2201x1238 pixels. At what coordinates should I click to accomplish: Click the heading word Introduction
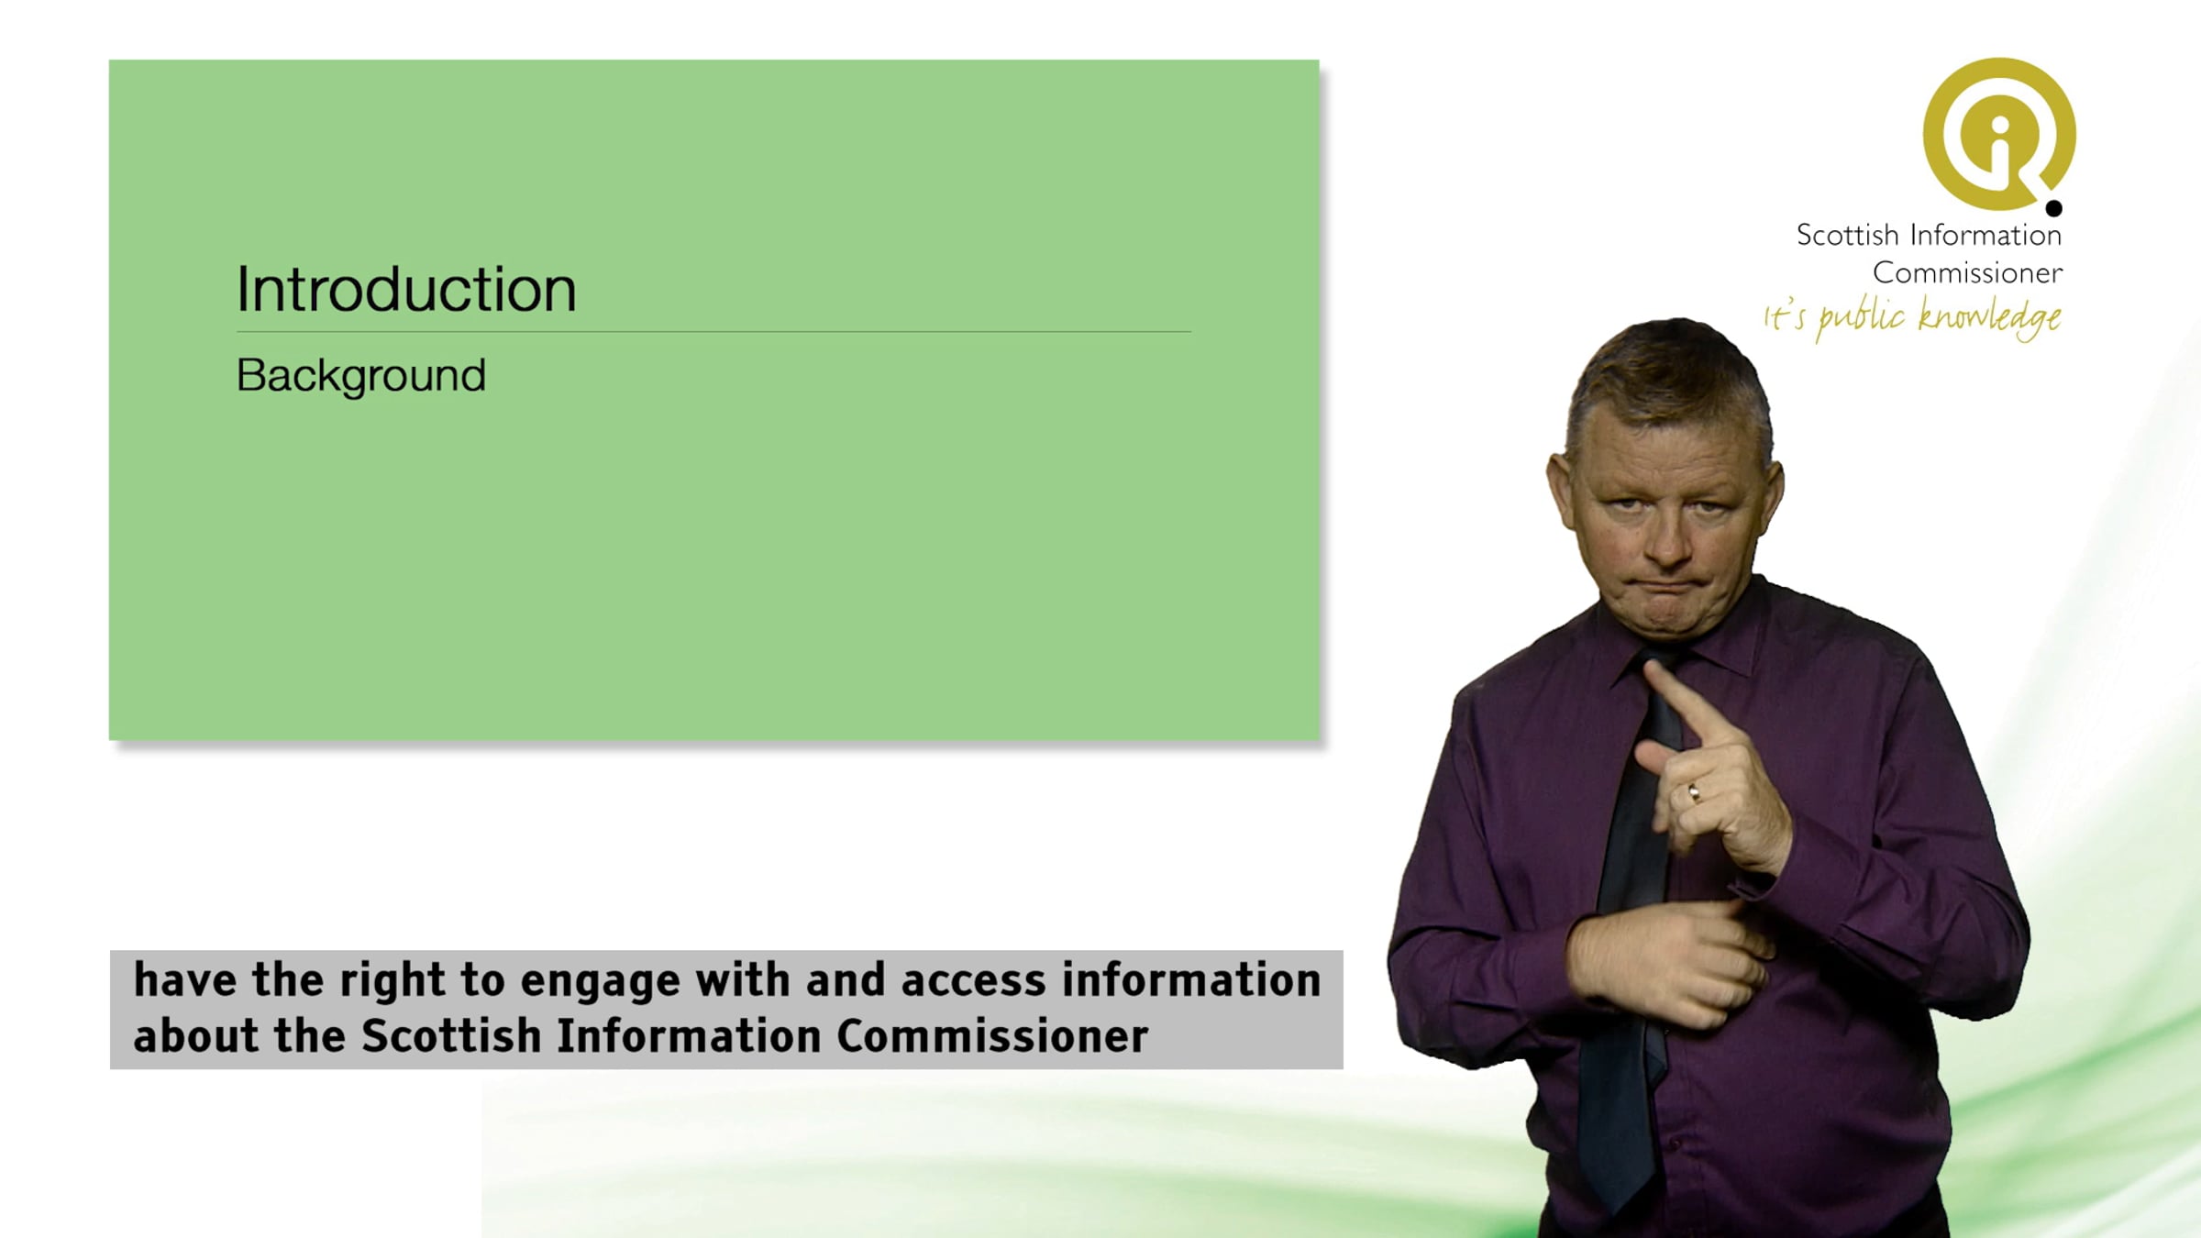pos(406,289)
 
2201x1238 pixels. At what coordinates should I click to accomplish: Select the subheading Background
pos(361,376)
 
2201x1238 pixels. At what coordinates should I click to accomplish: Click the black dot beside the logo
pos(2054,208)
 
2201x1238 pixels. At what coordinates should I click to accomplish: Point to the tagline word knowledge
pos(1989,317)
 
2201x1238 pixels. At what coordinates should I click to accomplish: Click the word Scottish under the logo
pos(1847,235)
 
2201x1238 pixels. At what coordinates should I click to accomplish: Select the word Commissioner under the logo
pos(1967,272)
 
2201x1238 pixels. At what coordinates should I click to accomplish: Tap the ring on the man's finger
pos(1693,792)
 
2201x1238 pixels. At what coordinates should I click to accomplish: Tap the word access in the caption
pos(973,980)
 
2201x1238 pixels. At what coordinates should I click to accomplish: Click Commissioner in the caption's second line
pos(992,1035)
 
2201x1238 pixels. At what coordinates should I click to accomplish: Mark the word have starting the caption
pos(185,979)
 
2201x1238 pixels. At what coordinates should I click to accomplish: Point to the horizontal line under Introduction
pos(713,331)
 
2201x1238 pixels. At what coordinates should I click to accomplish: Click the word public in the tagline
pos(1861,317)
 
